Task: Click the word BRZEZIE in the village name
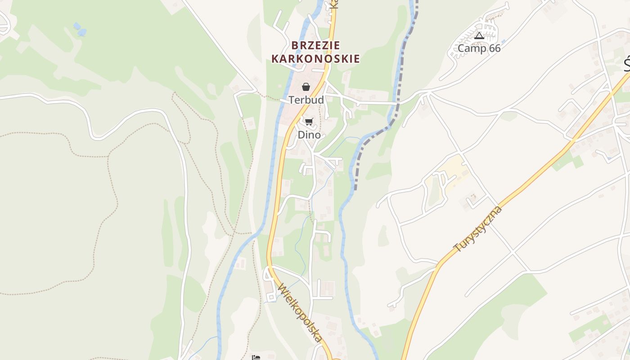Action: point(315,45)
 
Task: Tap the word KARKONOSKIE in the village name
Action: point(315,58)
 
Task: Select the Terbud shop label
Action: point(306,100)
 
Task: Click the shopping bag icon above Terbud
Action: point(306,87)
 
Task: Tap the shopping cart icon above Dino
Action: point(309,121)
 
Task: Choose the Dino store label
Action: point(309,135)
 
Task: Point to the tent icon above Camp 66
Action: point(479,36)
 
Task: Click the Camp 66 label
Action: point(479,48)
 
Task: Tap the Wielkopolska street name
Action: point(300,312)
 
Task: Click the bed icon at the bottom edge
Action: point(256,358)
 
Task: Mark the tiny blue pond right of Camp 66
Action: point(503,41)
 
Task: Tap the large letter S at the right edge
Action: point(627,65)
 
